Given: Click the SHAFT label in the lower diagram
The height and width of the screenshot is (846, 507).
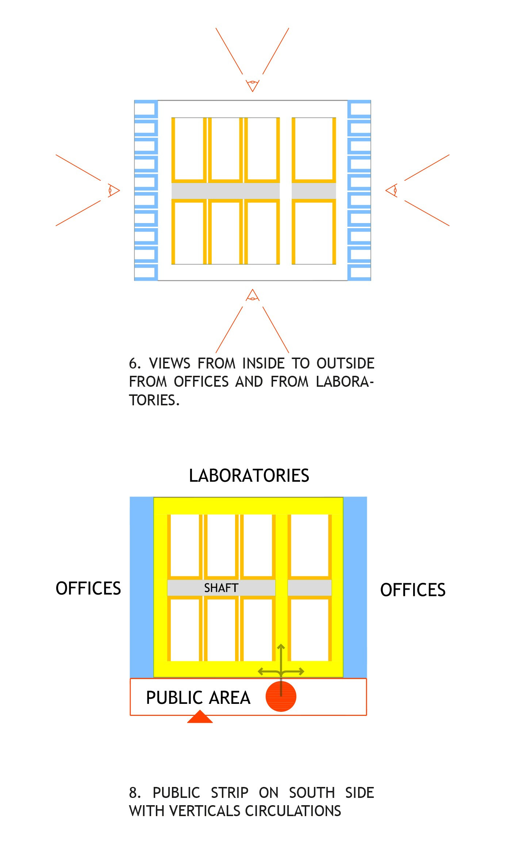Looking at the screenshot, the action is (x=221, y=588).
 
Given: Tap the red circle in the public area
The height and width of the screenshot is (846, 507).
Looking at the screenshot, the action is (x=281, y=696).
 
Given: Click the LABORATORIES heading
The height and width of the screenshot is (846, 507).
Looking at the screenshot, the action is (x=249, y=476).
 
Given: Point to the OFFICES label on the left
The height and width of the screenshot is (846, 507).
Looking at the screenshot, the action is (x=88, y=588).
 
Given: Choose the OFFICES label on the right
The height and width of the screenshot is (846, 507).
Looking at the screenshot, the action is (x=413, y=590).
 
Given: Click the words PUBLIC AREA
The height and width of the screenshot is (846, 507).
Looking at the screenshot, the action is (x=198, y=698).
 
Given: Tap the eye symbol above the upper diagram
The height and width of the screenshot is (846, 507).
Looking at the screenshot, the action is (x=253, y=86).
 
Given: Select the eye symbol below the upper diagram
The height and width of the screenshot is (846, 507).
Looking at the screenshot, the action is (x=253, y=296).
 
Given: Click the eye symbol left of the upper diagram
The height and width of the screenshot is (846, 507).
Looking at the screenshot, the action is (x=114, y=190).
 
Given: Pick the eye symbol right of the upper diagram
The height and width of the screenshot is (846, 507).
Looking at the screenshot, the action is (x=391, y=190).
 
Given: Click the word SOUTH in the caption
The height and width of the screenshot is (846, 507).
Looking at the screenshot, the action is (x=312, y=793).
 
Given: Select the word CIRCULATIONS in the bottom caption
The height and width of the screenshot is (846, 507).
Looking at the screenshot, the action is (x=293, y=811).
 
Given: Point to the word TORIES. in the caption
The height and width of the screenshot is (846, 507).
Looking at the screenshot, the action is (x=154, y=400).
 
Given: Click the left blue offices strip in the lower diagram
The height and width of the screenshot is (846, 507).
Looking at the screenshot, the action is (x=142, y=587).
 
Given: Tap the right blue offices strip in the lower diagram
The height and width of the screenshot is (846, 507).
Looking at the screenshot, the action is (x=355, y=587).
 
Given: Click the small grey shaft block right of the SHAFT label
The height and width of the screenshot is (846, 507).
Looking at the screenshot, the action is (x=310, y=588).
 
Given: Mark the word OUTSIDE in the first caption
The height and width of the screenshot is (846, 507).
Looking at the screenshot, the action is (x=345, y=363).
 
